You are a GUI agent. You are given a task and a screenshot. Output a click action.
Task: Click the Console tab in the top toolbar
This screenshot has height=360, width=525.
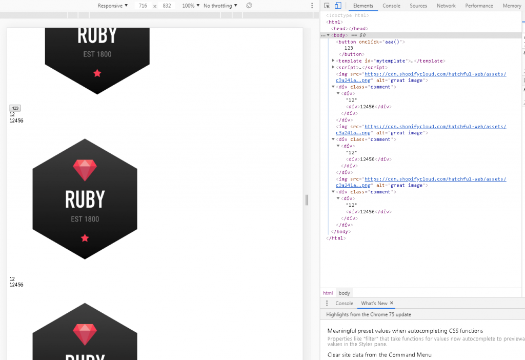tap(391, 6)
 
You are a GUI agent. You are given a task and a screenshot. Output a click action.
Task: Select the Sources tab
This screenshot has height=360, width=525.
tap(418, 6)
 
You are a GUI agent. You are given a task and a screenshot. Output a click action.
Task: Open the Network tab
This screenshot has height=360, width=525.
tap(446, 6)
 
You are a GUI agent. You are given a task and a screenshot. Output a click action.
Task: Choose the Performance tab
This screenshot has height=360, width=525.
tap(479, 6)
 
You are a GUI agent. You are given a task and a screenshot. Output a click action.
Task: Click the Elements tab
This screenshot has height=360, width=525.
tap(363, 6)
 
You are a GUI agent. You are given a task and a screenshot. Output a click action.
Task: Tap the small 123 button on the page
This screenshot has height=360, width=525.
tap(15, 108)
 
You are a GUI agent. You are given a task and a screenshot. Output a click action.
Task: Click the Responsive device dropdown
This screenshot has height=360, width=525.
tap(113, 6)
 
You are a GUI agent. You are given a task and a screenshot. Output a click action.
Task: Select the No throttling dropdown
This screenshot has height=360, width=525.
tap(220, 6)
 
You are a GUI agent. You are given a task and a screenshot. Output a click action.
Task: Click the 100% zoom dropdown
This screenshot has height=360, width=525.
tap(191, 6)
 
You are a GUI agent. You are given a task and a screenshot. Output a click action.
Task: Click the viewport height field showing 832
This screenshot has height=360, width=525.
tap(167, 6)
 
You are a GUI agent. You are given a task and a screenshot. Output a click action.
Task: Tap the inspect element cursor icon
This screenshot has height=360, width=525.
tap(327, 6)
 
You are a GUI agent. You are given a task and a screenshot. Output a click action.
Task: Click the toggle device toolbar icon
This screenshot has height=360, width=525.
tap(338, 6)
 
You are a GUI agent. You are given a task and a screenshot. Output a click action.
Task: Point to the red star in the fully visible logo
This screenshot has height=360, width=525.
tap(85, 238)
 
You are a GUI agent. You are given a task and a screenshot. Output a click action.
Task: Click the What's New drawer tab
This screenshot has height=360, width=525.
tap(374, 304)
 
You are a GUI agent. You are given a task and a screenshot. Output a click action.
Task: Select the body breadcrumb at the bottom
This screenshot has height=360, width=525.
tap(344, 293)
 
